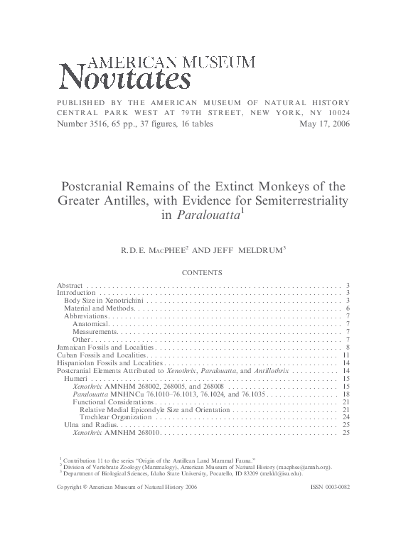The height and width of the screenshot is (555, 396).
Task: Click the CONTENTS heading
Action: (203, 272)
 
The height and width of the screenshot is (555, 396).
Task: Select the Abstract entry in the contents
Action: (70, 284)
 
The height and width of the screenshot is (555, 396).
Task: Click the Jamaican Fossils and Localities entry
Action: (105, 347)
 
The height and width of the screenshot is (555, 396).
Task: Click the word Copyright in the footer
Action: (71, 487)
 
